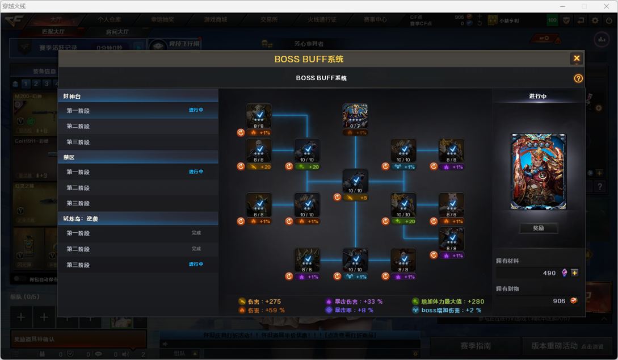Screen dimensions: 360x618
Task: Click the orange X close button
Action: pos(577,58)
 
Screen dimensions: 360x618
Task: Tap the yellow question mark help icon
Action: pos(578,78)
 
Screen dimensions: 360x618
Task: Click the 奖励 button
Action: pos(538,228)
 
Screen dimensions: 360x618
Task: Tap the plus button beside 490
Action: pos(575,273)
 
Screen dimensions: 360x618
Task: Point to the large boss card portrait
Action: pos(538,172)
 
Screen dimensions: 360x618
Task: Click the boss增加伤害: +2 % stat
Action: pos(451,311)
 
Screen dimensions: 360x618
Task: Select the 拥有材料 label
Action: pos(507,261)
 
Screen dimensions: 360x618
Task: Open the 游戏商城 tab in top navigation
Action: pos(215,19)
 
